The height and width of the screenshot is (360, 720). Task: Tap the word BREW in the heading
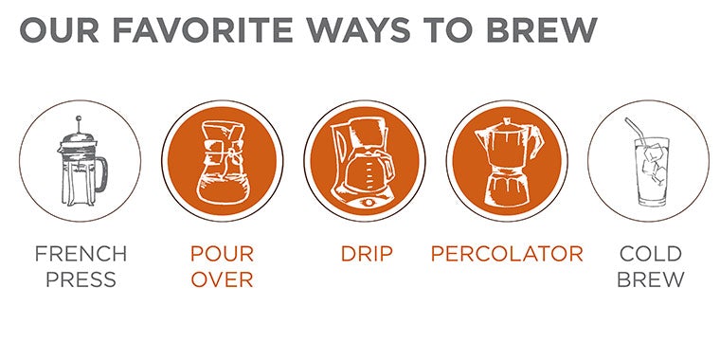(541, 30)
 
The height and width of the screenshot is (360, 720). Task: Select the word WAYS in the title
(359, 30)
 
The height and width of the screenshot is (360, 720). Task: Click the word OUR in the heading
(60, 30)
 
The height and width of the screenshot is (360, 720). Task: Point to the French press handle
(101, 174)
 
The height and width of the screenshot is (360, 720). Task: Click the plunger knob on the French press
(79, 118)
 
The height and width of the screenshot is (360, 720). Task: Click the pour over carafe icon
(223, 161)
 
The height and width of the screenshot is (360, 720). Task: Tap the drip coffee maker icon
(364, 162)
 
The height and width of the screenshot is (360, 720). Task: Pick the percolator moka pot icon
(508, 161)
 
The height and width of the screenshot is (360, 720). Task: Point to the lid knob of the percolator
(507, 120)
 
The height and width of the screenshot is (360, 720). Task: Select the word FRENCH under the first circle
(81, 254)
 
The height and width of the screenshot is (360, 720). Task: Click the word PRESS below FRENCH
(81, 279)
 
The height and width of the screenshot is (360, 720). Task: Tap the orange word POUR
(223, 254)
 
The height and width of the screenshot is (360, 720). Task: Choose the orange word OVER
(223, 279)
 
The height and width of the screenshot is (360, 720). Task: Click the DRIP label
(367, 254)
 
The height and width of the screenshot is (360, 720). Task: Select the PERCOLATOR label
(507, 254)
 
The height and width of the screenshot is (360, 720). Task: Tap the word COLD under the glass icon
(650, 254)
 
